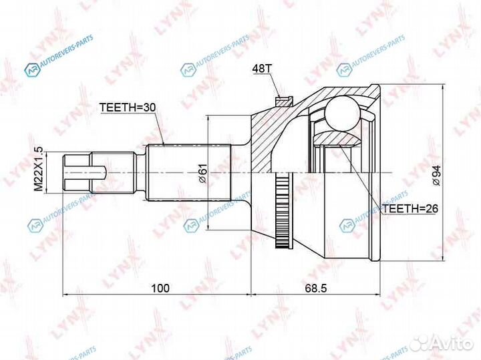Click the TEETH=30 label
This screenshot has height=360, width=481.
pos(127,108)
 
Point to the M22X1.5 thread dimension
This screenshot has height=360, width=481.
pos(39,171)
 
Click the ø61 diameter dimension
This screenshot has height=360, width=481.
pos(200,173)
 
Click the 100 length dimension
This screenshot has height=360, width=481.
pos(158,288)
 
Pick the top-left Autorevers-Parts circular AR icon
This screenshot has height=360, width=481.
pos(29,69)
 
